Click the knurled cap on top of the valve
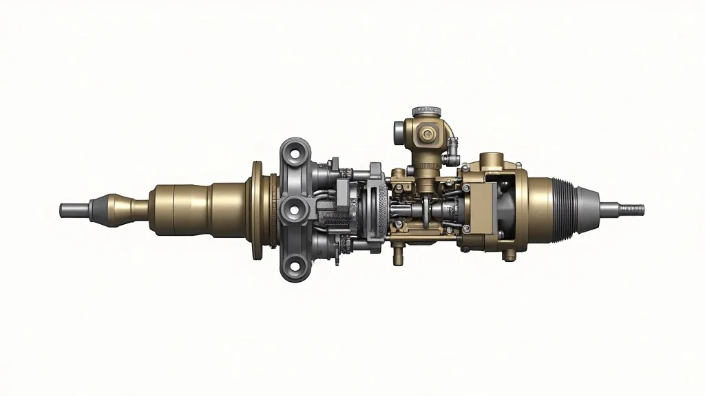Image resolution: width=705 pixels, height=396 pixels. (426, 111)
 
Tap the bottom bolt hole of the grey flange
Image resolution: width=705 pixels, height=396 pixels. (294, 263)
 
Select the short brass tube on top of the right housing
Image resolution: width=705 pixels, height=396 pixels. (493, 161)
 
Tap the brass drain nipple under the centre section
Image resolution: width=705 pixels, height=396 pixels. (397, 256)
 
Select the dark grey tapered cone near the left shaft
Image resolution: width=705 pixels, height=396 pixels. (105, 208)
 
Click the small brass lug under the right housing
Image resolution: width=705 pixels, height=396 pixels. (509, 255)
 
